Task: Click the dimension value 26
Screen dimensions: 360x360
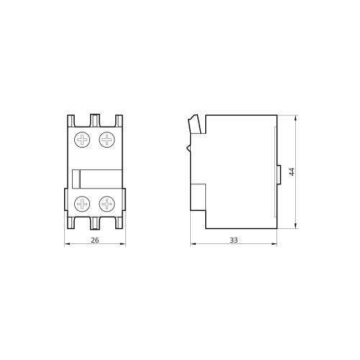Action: (95, 240)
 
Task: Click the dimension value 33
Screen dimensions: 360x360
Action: (233, 240)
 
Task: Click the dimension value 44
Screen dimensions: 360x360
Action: (292, 172)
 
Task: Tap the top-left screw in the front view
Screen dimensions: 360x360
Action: (82, 140)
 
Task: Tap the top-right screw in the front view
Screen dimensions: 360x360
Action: (107, 140)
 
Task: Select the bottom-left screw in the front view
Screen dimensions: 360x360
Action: (82, 204)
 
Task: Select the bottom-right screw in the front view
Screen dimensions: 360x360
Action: (107, 204)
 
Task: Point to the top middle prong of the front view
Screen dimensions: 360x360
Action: (95, 120)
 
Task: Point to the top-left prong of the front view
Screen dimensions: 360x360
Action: (71, 121)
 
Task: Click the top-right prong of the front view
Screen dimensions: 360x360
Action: (119, 121)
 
